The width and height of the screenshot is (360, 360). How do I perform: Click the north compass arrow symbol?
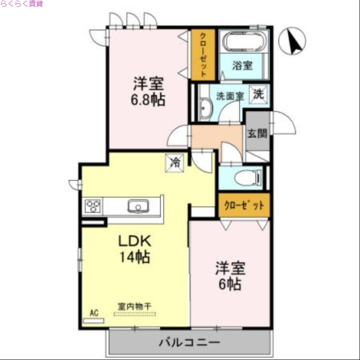292,40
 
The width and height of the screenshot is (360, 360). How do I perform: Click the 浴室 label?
242,65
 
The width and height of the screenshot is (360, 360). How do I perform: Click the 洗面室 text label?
230,95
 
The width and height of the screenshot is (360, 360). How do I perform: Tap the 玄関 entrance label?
257,133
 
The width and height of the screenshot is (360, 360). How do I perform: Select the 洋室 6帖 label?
230,276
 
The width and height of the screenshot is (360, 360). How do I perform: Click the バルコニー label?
189,343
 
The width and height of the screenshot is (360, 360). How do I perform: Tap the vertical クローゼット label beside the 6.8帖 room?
203,54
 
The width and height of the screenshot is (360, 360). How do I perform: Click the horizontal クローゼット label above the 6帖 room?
244,206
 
